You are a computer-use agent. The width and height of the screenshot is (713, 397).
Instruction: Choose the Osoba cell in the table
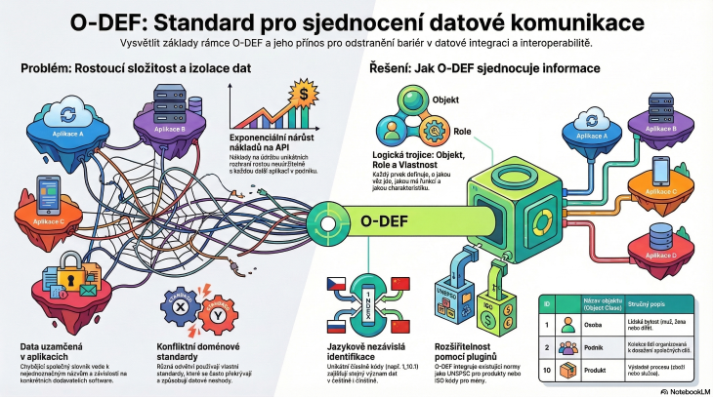click(594, 324)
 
